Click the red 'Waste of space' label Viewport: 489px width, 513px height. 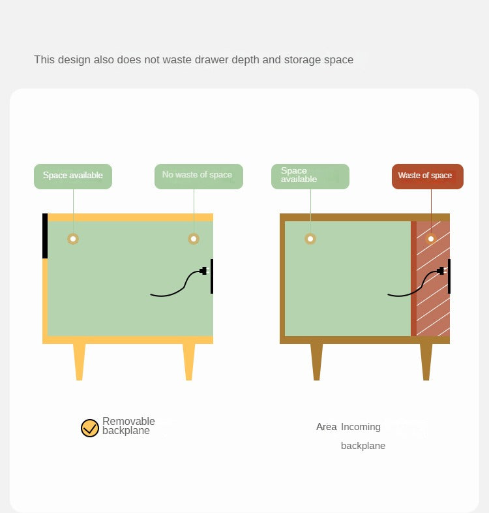[x=428, y=176]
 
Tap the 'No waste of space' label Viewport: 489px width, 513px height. [x=199, y=176]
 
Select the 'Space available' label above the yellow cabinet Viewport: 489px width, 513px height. [x=73, y=176]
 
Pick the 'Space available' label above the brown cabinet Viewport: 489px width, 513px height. [x=310, y=176]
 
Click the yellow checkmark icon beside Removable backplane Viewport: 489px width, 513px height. [x=90, y=428]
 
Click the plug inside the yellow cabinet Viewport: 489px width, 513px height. [x=203, y=271]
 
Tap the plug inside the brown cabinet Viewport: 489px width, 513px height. [x=441, y=271]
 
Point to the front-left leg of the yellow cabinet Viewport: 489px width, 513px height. [x=79, y=362]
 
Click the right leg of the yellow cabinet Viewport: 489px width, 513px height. [x=189, y=362]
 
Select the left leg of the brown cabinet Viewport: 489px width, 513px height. [x=316, y=362]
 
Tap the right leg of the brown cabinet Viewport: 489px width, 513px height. [x=426, y=362]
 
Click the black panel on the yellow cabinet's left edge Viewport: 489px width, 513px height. [x=45, y=236]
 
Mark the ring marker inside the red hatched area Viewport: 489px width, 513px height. [x=431, y=239]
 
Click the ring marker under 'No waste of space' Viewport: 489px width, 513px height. [x=194, y=239]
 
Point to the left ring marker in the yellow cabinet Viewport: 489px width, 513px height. [x=73, y=239]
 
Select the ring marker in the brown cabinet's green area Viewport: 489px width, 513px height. [x=310, y=239]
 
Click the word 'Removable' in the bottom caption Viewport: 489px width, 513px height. [x=128, y=421]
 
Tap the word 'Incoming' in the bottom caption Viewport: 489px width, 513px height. [x=361, y=427]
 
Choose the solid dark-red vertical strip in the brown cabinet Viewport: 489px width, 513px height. [x=413, y=279]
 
